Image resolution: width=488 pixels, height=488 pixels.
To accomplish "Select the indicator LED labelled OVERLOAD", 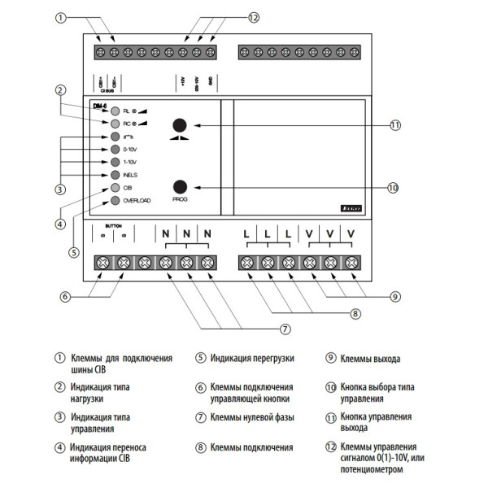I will pos(116,200).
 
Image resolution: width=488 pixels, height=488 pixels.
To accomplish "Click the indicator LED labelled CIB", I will pos(116,187).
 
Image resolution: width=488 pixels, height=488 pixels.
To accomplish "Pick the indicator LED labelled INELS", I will pos(116,175).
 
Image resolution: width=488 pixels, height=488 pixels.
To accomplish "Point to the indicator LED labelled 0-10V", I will pos(116,150).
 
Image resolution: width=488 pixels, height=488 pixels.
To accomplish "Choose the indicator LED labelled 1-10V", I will pos(116,162).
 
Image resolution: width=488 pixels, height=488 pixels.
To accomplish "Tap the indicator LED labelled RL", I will pos(116,110).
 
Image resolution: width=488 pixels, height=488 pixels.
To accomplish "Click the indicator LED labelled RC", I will pos(116,123).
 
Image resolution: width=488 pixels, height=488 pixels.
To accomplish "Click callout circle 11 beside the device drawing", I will pos(394,125).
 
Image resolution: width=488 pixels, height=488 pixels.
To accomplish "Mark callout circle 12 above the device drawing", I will pos(253,17).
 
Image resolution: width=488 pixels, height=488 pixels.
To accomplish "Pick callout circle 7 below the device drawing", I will pos(285,329).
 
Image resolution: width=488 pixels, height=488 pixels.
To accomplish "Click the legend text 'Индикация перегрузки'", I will pos(252,358).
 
